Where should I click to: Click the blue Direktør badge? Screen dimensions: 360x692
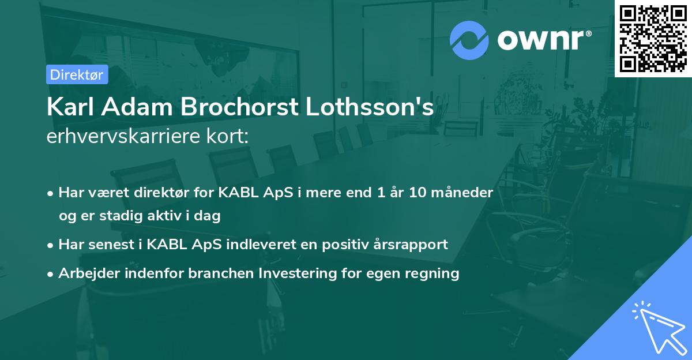tap(77, 74)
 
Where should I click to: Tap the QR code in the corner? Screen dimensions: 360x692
tap(653, 38)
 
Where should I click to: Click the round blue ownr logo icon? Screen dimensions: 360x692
tap(469, 40)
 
